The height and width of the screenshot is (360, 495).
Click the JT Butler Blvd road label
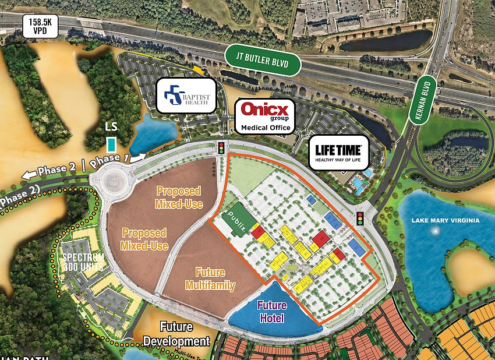tap(261, 60)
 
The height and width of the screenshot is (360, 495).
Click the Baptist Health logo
tap(186, 96)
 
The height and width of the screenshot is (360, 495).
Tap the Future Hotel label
tap(272, 312)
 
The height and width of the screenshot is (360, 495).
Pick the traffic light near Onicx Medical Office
tap(221, 147)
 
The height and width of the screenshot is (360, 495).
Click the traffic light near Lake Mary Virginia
tap(360, 218)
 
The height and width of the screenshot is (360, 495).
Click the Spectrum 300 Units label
tap(84, 263)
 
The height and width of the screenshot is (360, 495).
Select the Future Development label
tap(176, 334)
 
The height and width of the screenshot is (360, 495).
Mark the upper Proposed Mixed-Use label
tap(178, 197)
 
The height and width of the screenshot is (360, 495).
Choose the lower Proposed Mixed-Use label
tap(144, 239)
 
